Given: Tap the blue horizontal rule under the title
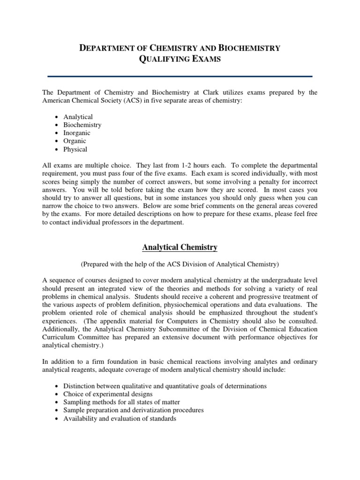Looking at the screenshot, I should point(180,76).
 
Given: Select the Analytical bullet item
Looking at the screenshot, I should point(78,117).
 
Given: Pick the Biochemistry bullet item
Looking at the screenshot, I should point(82,125).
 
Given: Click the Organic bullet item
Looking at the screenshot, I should point(75,141).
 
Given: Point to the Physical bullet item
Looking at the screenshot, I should point(75,150).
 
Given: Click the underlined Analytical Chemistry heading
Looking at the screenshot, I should point(180,247).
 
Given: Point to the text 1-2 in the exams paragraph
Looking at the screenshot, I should point(223,166).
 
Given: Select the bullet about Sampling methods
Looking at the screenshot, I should point(121,402).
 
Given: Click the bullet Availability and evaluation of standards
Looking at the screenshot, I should point(120,419).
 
